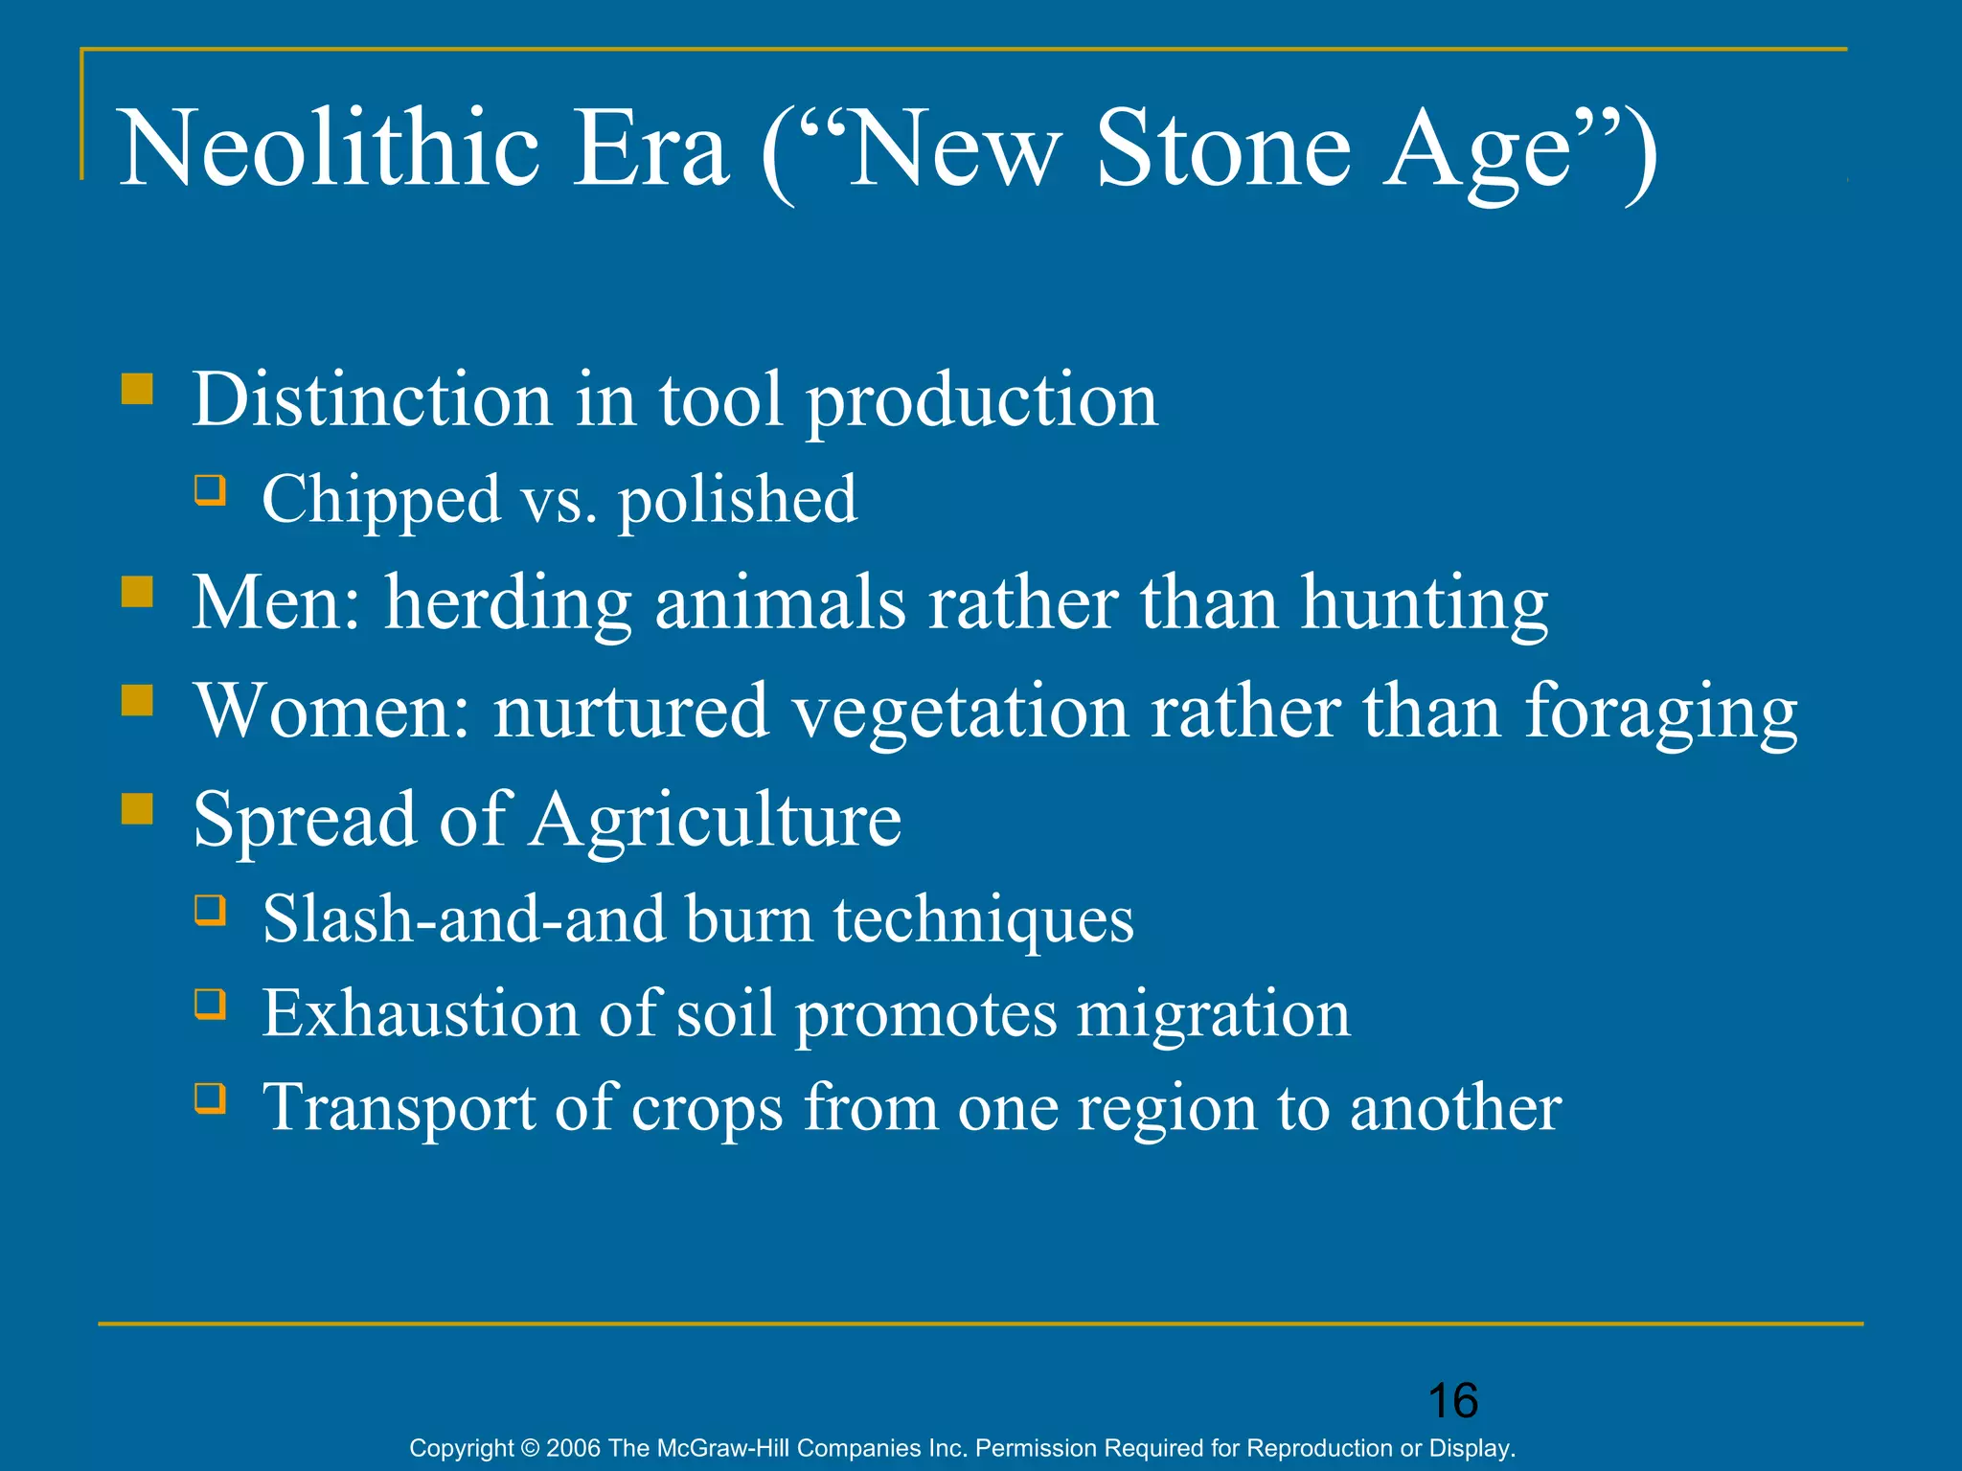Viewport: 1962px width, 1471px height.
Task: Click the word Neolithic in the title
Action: (x=329, y=149)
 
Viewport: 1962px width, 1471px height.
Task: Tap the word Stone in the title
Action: (x=1222, y=149)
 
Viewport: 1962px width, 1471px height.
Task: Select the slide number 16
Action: (x=1452, y=1401)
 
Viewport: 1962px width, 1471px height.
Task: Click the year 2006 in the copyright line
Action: (x=574, y=1448)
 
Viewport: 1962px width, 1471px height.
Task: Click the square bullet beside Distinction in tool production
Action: (x=138, y=390)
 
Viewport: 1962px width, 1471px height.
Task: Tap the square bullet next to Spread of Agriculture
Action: (x=138, y=809)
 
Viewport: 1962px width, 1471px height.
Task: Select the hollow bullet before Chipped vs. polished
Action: (x=211, y=490)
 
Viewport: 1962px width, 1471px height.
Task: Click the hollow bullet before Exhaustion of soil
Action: (x=211, y=1005)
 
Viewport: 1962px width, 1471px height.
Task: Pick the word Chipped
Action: (x=380, y=501)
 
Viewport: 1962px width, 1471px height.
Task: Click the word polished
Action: (x=738, y=501)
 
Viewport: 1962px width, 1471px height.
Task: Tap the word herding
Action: (x=508, y=604)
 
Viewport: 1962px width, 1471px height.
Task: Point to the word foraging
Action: (x=1661, y=713)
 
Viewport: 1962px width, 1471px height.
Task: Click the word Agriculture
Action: (x=716, y=820)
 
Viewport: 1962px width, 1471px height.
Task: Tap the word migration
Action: (x=1213, y=1014)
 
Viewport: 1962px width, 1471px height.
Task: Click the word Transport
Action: (x=398, y=1108)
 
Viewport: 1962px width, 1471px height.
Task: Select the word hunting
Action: (x=1424, y=604)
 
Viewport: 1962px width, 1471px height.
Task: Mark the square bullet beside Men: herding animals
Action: (x=138, y=593)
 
